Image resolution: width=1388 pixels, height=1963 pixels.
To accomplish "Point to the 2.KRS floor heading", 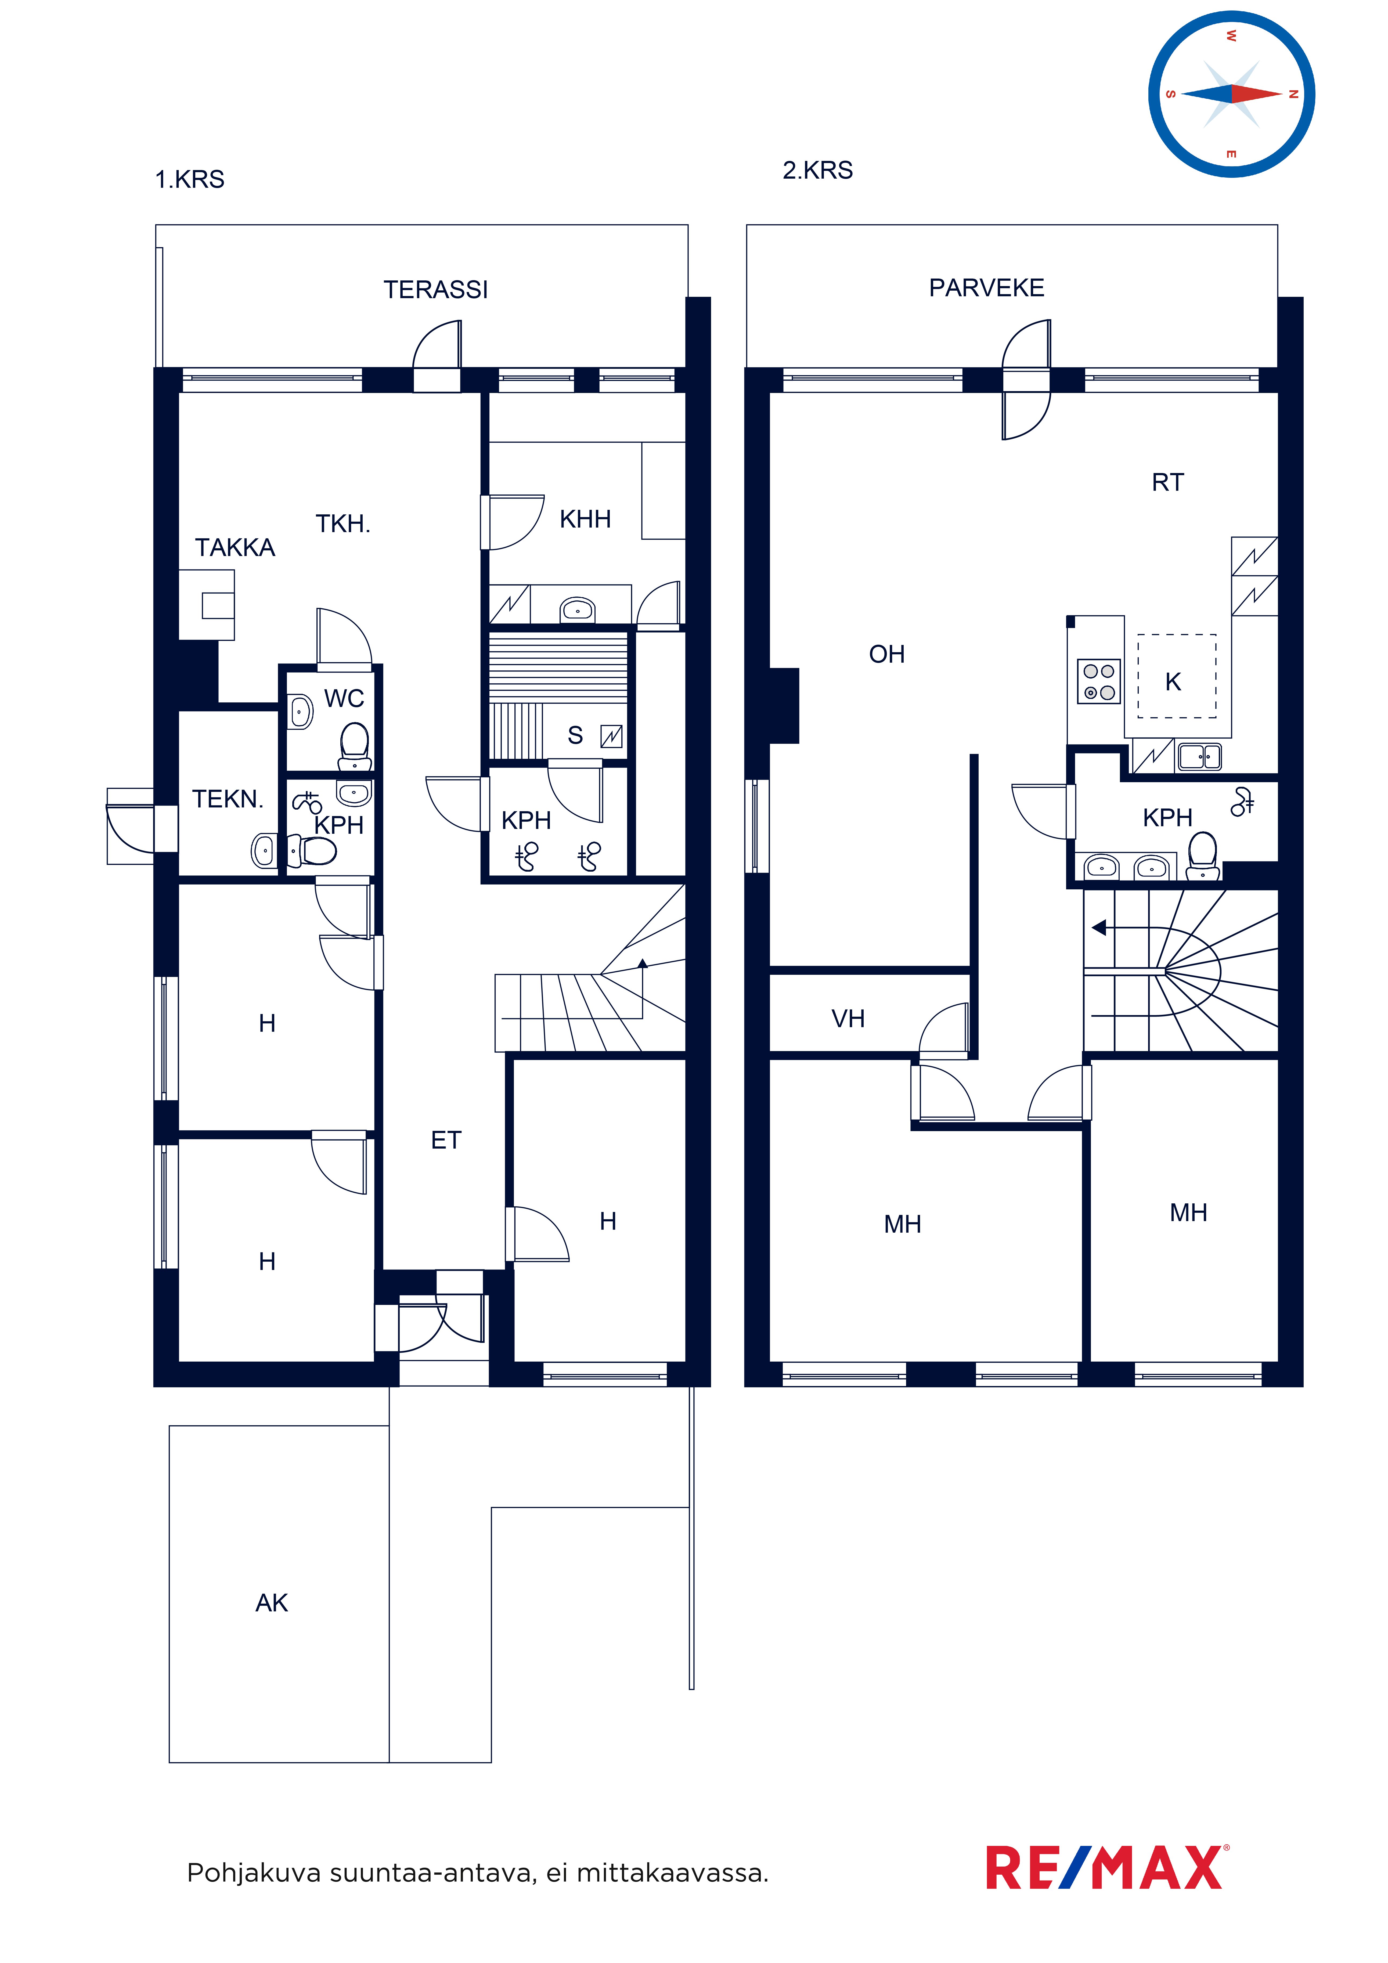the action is pos(818,170).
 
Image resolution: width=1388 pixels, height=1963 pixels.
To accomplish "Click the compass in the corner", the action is pos(1231,94).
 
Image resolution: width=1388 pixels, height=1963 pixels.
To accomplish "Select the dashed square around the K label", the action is pos(1177,676).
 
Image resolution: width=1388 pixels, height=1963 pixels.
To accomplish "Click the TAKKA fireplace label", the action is pos(235,547).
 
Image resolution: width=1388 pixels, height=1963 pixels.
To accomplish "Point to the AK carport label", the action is pos(272,1603).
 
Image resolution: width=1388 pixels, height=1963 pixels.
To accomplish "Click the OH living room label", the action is pos(887,654).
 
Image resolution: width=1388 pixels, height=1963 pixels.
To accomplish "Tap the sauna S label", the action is pos(576,735).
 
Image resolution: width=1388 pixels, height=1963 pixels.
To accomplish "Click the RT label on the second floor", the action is pos(1168,482).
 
